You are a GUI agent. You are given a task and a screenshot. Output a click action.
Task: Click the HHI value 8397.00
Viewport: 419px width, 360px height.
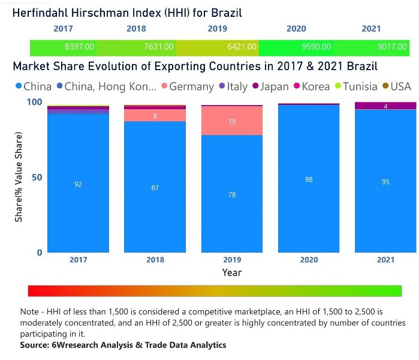(79, 46)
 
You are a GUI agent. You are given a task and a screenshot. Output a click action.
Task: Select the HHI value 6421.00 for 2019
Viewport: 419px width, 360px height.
(241, 46)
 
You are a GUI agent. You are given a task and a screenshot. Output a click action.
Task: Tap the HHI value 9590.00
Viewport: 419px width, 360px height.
(317, 46)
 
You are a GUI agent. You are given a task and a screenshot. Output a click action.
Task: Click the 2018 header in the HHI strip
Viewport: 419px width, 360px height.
(136, 29)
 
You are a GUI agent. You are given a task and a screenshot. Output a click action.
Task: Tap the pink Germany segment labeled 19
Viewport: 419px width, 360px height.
(232, 121)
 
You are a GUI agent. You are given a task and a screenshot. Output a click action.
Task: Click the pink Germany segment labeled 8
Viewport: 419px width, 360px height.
(155, 115)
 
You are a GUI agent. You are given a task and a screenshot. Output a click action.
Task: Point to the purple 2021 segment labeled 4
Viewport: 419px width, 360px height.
(385, 106)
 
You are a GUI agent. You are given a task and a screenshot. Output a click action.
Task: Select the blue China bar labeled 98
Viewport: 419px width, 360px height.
(309, 179)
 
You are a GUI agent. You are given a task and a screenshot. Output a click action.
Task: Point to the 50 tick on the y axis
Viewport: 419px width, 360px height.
(37, 178)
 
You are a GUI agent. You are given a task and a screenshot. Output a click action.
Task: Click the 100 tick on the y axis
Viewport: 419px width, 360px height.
(35, 103)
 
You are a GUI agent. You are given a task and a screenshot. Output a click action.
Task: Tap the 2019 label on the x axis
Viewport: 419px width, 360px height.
(232, 260)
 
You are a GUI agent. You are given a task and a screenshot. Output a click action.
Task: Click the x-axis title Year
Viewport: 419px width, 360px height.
(232, 272)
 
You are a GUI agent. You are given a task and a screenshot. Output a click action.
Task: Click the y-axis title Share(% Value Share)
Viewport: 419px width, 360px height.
(19, 178)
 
